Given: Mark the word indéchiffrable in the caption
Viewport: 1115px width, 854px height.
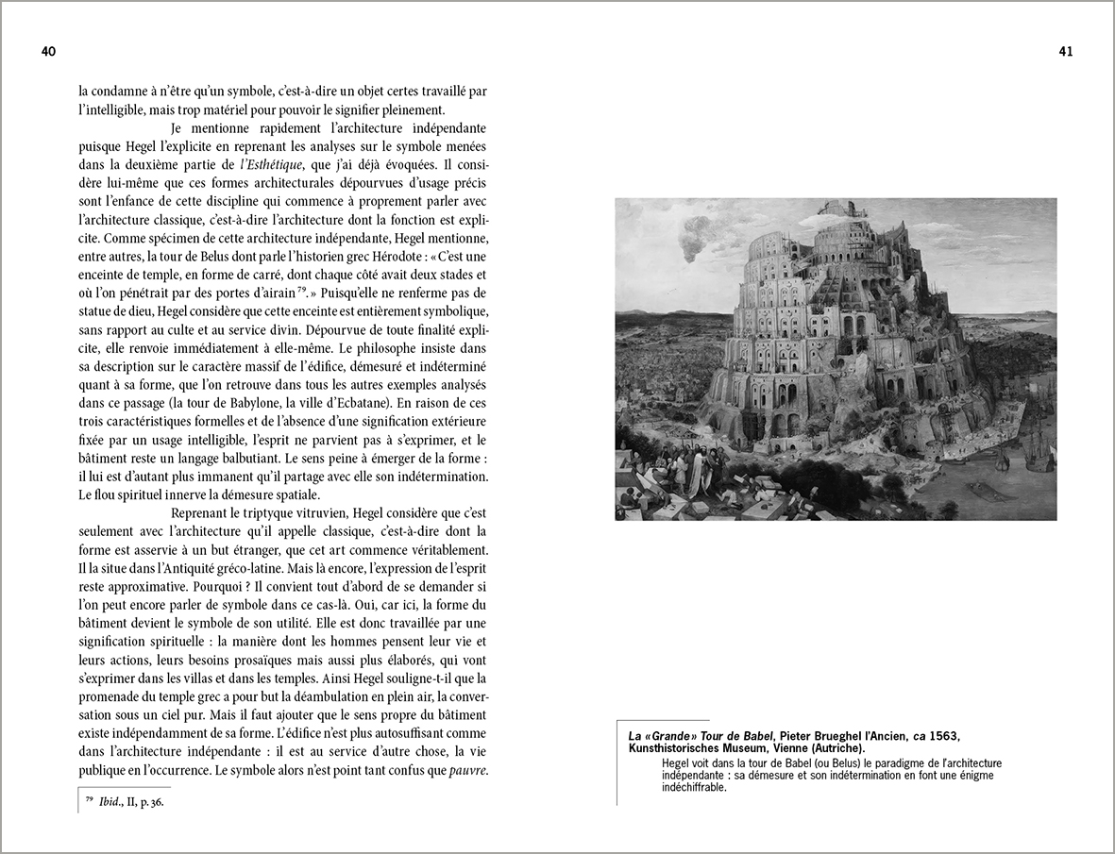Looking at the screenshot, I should (688, 787).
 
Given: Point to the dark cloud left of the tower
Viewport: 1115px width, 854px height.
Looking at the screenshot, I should (695, 244).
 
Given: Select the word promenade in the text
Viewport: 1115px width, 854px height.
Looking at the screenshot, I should (111, 696).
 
